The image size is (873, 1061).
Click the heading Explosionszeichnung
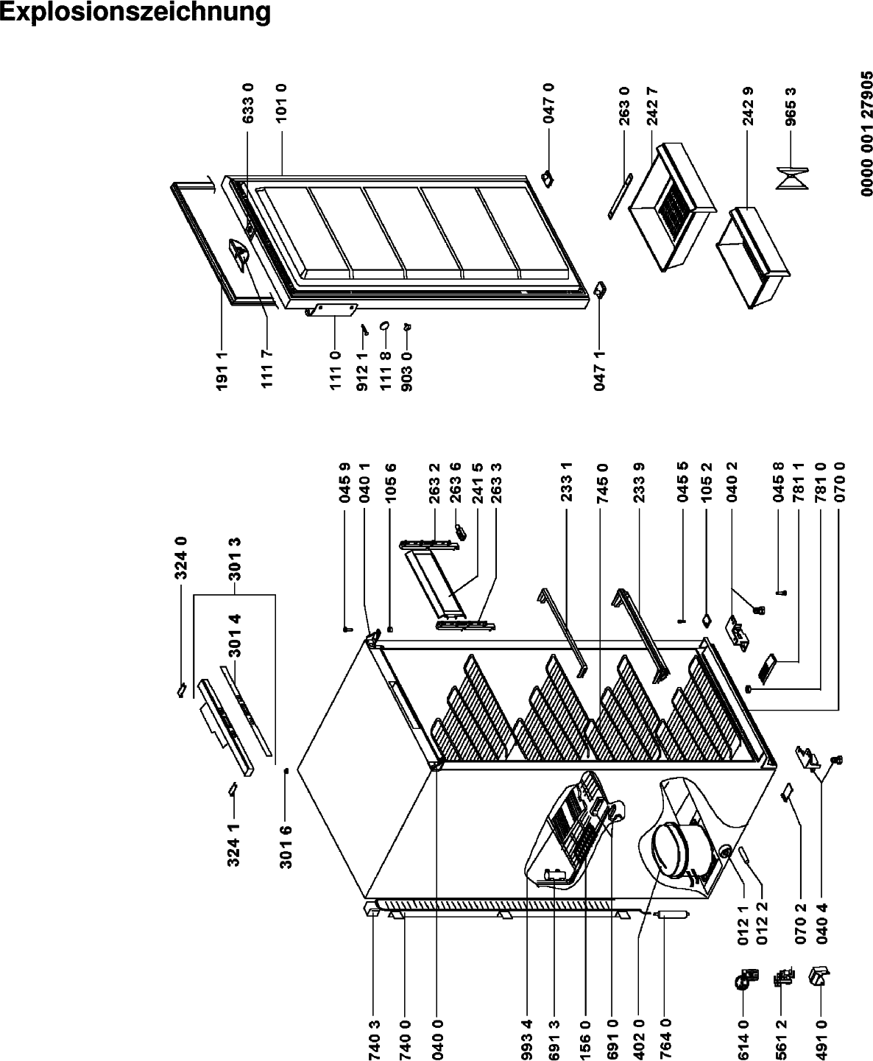[x=135, y=13]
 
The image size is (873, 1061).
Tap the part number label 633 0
[x=248, y=103]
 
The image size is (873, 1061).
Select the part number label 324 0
[x=181, y=557]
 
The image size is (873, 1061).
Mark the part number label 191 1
[x=222, y=370]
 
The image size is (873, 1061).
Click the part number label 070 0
[x=839, y=482]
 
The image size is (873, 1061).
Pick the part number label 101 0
[x=281, y=103]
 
